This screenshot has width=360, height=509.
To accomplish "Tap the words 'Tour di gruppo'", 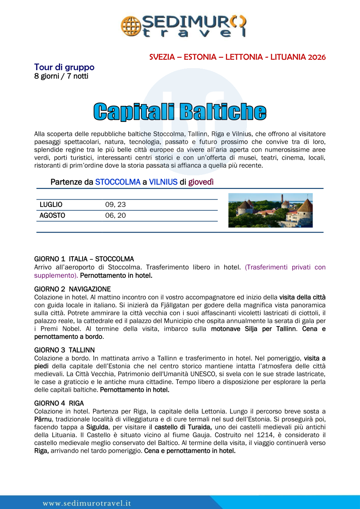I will (64, 67).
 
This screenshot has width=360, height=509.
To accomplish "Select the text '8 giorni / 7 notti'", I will (61, 76).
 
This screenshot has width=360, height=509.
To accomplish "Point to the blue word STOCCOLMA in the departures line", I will (118, 182).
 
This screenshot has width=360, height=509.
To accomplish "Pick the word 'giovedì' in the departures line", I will (201, 182).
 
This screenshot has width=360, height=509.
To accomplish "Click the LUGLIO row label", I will (51, 205).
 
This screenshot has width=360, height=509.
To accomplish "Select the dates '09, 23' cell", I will (115, 205).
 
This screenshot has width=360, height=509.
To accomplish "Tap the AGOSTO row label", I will (52, 216).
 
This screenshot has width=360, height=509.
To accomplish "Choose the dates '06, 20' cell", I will (115, 216).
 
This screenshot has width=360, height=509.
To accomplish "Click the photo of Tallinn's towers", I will (270, 210).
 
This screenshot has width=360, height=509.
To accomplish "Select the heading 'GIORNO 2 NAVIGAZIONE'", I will (72, 289).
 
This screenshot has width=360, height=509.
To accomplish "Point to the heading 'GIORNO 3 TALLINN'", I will (64, 350).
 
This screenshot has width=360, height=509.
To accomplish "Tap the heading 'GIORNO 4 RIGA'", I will (59, 403).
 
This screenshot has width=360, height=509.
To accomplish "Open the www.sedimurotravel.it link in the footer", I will (87, 503).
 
